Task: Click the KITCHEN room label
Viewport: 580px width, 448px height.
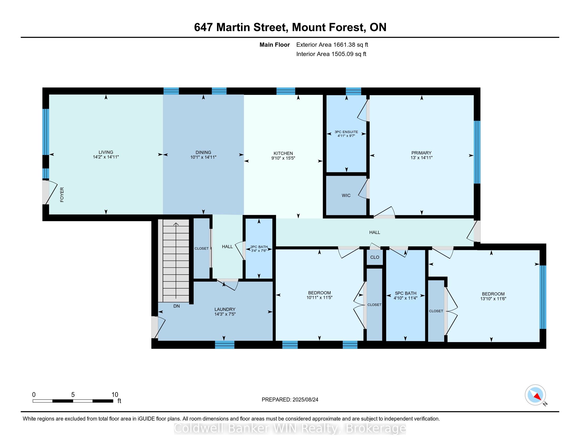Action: click(283, 153)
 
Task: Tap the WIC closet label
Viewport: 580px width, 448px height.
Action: click(346, 196)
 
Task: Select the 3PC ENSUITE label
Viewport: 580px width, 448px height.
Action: click(346, 132)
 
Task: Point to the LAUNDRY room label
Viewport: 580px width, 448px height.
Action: click(225, 309)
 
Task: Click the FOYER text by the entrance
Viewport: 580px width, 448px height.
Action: click(62, 195)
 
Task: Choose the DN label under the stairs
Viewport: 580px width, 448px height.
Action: click(177, 306)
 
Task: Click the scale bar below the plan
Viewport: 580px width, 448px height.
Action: click(73, 401)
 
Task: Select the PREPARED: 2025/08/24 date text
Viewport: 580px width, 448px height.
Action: click(290, 400)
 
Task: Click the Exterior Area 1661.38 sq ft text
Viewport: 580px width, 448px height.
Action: click(332, 45)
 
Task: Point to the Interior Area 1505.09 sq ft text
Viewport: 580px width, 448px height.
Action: click(331, 54)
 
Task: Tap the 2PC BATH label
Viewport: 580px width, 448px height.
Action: click(259, 247)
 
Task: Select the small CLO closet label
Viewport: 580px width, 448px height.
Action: click(375, 257)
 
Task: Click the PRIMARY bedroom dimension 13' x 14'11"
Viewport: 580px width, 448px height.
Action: click(422, 158)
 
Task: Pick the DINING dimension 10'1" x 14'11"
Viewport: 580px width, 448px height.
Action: click(204, 157)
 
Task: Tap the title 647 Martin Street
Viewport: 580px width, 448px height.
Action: click(241, 27)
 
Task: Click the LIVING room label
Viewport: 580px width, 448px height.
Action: click(106, 152)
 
